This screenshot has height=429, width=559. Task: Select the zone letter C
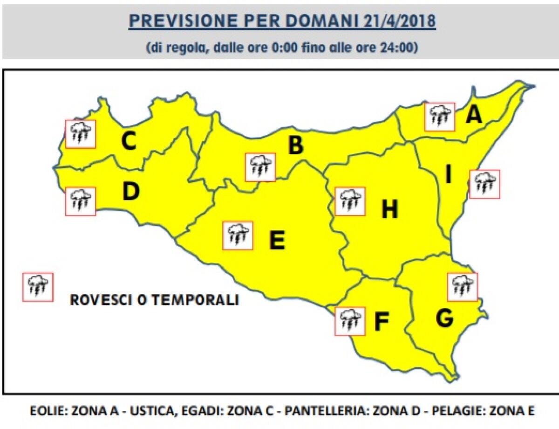129,142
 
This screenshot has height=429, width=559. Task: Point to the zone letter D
131,192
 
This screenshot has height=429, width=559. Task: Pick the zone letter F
381,322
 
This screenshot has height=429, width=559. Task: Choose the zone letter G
445,318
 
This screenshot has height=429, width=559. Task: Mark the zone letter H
389,210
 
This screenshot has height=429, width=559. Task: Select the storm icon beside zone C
81,134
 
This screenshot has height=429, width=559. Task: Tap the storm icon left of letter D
80,201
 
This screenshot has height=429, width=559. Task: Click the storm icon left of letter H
350,201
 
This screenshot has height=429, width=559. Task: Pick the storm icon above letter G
462,286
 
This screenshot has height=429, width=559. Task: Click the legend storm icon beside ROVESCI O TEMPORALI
38,287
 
